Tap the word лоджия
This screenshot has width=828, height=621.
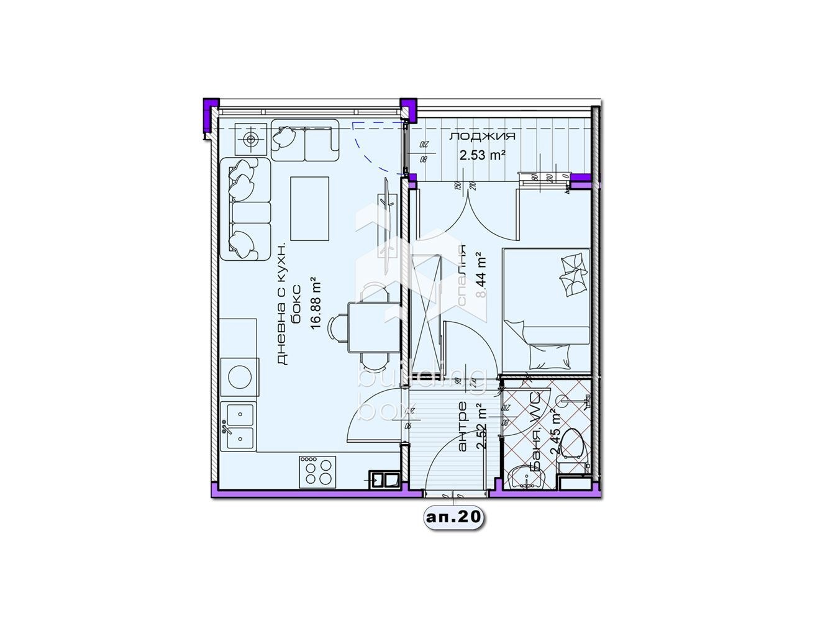pos(482,137)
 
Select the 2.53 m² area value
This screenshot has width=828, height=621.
pos(482,155)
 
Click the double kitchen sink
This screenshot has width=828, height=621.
pos(239,425)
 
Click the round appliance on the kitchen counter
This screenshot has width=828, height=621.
pos(239,376)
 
